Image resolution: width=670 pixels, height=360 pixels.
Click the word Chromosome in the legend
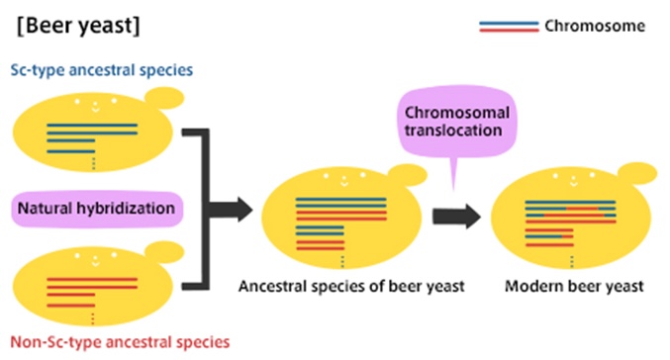pyautogui.click(x=595, y=25)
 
